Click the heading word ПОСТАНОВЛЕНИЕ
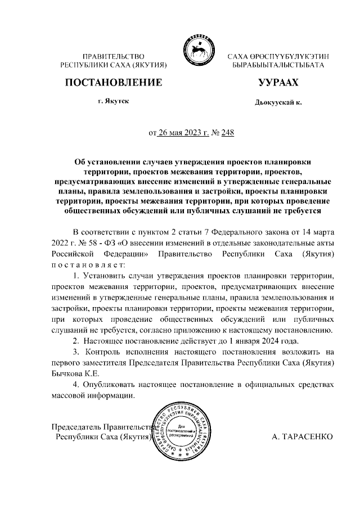114,83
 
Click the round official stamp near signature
185,431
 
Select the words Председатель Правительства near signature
101,426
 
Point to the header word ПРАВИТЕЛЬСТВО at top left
114,57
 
